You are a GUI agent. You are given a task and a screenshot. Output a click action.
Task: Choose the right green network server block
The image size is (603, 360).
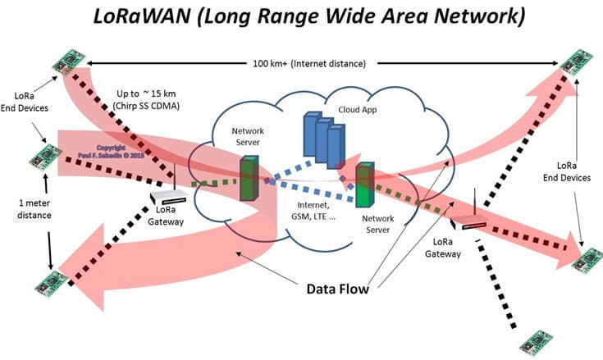[364, 186]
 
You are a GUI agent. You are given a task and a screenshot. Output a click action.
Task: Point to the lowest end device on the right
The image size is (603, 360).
[535, 339]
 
